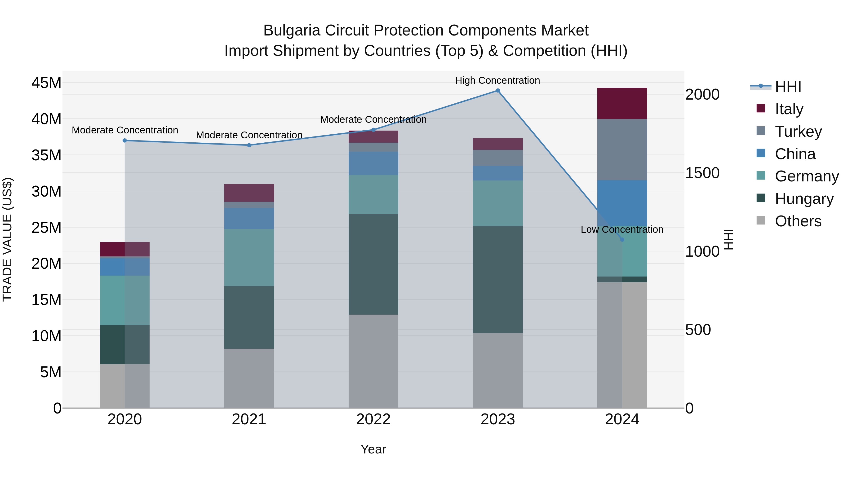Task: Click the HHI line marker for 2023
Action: [x=497, y=91]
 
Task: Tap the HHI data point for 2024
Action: [x=622, y=240]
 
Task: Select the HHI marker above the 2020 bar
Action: [x=125, y=141]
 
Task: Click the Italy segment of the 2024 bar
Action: [x=622, y=103]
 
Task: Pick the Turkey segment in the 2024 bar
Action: [x=622, y=149]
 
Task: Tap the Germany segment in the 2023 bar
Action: [x=497, y=203]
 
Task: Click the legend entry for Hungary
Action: [x=804, y=199]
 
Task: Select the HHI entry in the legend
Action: [x=788, y=87]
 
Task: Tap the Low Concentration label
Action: [x=622, y=229]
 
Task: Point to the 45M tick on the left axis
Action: [x=46, y=83]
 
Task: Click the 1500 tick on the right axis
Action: [x=702, y=173]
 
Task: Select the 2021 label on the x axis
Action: [x=249, y=419]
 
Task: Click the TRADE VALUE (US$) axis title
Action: [x=7, y=239]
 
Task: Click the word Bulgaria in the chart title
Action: [x=291, y=31]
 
